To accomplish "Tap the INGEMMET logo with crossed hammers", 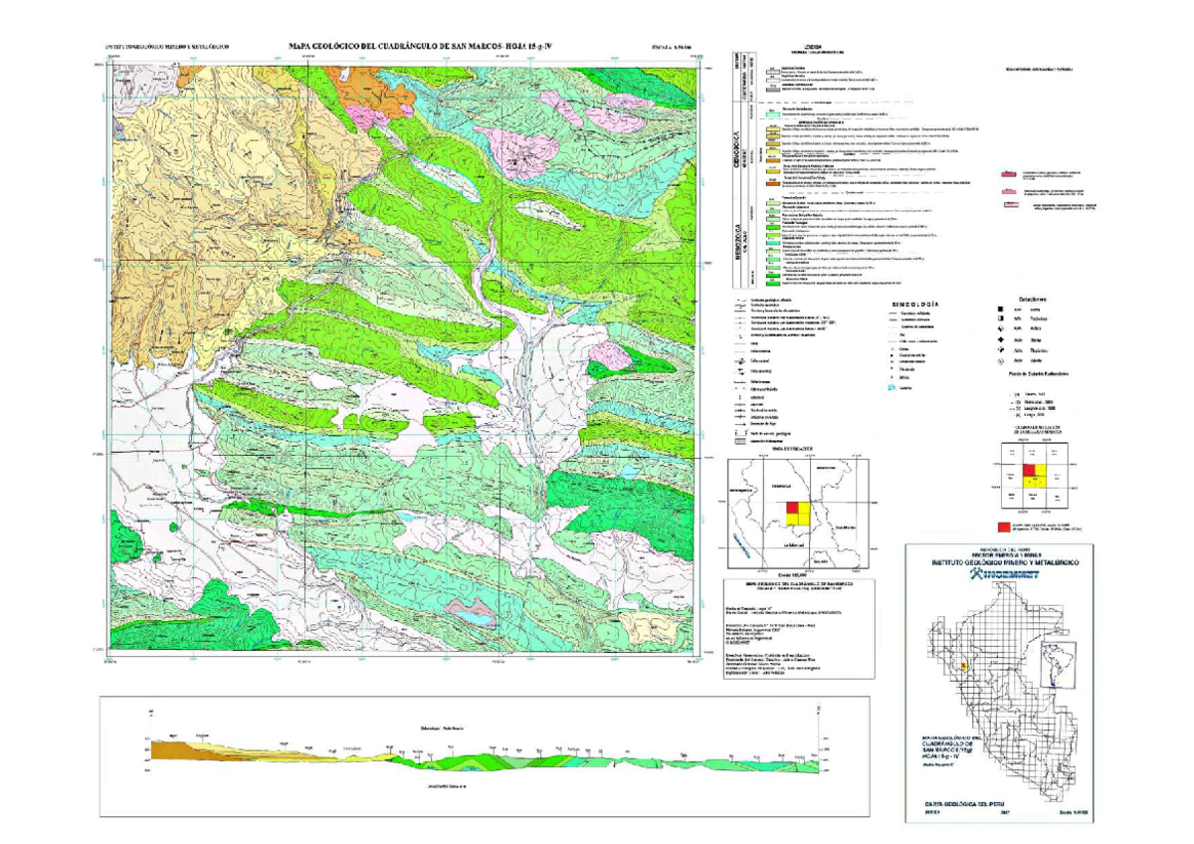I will [998, 574].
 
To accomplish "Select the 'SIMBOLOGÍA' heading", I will [915, 304].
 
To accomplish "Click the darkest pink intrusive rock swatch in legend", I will [1011, 172].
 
